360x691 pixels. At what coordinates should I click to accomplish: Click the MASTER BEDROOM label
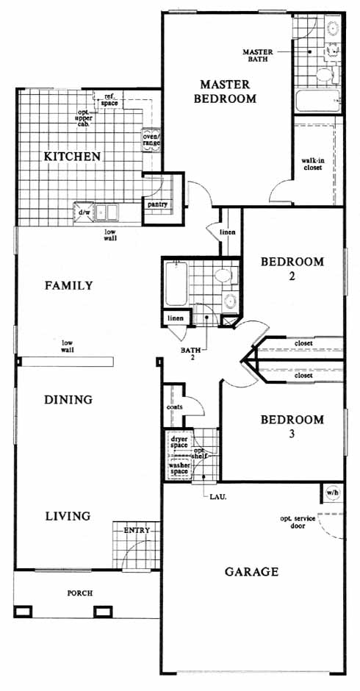pos(225,91)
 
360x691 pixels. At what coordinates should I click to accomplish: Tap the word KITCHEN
pos(72,156)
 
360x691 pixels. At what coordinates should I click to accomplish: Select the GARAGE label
pos(251,572)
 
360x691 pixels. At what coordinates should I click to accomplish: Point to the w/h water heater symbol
pos(332,493)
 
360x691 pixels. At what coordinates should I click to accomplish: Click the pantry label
pos(156,205)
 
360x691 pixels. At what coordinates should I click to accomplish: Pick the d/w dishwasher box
pos(83,212)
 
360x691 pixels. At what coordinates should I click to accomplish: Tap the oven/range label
pos(151,139)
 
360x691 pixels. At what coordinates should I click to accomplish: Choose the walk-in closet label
pos(312,164)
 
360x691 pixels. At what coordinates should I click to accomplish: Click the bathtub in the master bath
pos(317,101)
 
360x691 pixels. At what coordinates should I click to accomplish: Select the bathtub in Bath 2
pos(176,284)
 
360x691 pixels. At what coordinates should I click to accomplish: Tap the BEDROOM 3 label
pos(292,426)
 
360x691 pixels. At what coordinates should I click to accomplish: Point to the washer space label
pos(179,468)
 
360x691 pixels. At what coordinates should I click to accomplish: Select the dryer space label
pos(180,443)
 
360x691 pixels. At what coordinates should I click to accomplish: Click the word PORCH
pos(80,593)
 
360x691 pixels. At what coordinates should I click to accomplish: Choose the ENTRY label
pos(137,530)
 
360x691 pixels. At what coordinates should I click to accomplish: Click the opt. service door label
pos(298,522)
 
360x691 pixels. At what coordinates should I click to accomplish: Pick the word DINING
pos(68,400)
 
